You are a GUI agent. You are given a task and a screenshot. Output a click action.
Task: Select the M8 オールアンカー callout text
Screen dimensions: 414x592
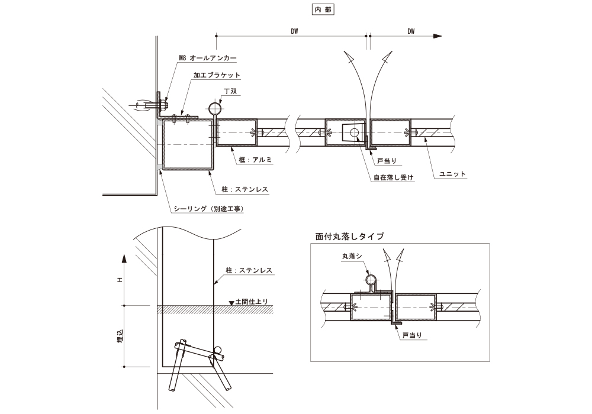(208, 58)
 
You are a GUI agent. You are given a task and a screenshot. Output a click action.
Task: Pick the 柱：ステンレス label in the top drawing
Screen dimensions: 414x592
(244, 190)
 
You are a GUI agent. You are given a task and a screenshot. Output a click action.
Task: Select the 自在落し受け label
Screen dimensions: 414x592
(392, 177)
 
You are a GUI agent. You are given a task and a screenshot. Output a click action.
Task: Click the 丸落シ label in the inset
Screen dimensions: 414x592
(352, 257)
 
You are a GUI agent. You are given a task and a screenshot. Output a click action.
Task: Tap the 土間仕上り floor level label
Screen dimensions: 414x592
(251, 302)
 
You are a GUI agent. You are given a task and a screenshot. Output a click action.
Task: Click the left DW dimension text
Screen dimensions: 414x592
(294, 31)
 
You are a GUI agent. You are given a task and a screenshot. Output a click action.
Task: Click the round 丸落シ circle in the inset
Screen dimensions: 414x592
(371, 280)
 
